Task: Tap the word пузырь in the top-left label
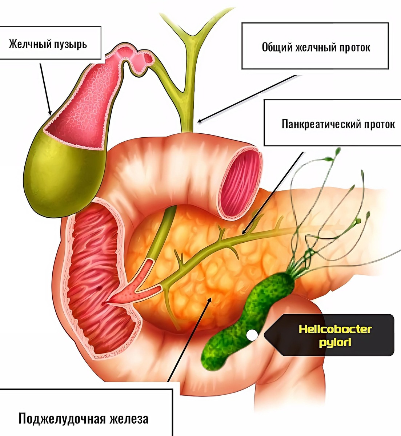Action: pos(71,45)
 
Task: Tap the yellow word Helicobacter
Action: pos(335,330)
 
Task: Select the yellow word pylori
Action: pos(335,342)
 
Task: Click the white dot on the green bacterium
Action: pos(251,335)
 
